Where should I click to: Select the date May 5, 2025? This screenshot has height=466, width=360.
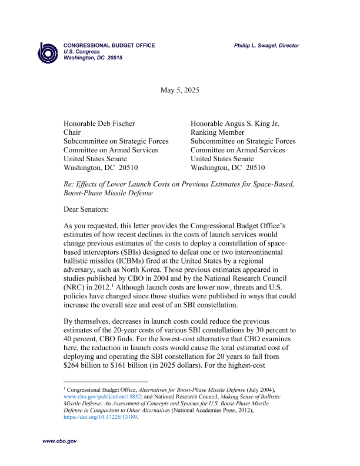tap(180, 90)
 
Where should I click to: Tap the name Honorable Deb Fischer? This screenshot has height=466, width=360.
tap(99, 124)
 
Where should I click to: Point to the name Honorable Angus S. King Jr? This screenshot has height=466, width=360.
tap(235, 124)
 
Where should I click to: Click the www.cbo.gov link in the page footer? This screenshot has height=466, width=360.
tap(59, 441)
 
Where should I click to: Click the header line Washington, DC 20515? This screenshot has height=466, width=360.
tap(93, 58)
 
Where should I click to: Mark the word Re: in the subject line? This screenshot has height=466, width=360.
tap(69, 185)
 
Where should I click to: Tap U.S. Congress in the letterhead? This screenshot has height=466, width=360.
tap(82, 52)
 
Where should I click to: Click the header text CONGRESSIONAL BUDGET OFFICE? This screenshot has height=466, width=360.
tap(109, 45)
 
